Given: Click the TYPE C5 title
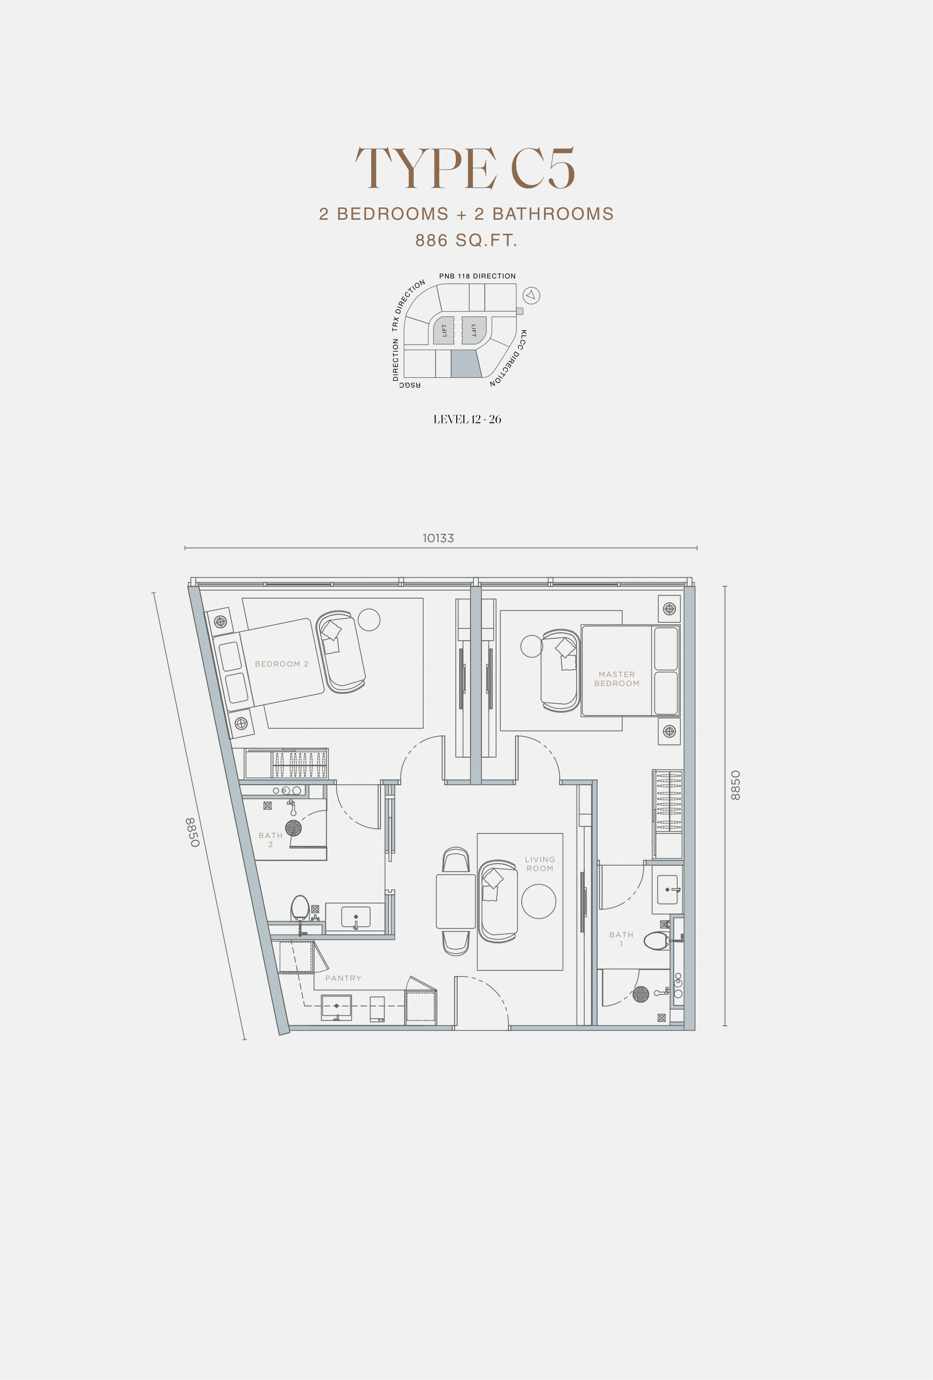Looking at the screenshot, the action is coord(465,169).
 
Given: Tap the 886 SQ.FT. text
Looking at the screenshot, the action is coord(466,241).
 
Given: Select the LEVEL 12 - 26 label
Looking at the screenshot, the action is coord(467,419).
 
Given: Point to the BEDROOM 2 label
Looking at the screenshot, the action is coord(281,664).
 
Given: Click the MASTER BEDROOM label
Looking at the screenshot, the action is coord(617,679).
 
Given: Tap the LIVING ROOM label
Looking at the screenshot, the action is coord(540,864).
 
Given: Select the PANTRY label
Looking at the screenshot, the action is coord(343,978).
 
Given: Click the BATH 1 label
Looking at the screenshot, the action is coord(621,939).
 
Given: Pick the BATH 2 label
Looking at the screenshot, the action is coord(271,840).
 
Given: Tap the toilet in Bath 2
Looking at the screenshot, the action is coord(299,907).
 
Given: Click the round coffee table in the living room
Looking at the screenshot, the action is coord(538,901).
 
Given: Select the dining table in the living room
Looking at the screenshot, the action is coord(456,901).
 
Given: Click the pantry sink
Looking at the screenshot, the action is coord(336,1006).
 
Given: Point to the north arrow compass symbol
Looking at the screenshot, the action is coord(531,295).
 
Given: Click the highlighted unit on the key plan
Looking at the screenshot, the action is coord(465,363).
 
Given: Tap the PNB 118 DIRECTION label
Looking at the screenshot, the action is coord(477,276).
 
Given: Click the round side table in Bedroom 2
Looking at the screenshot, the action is coord(369,620).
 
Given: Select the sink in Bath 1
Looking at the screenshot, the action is coord(667,889).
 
